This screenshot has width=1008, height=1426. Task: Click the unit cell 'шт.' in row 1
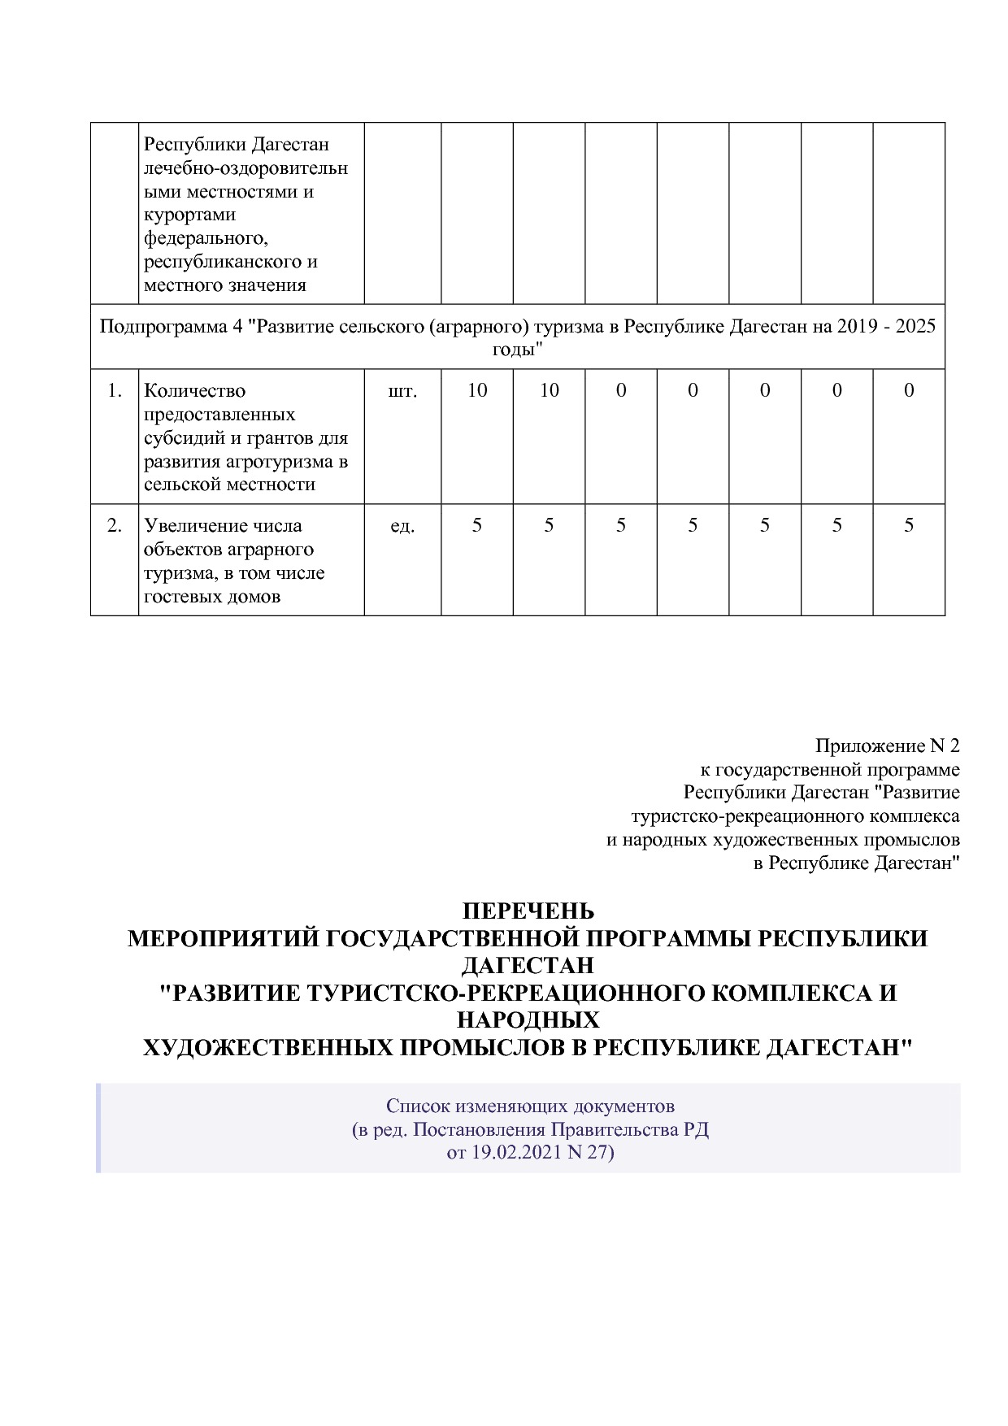pyautogui.click(x=402, y=391)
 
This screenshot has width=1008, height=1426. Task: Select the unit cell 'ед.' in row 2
pyautogui.click(x=402, y=526)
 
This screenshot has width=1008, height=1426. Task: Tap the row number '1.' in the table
pyautogui.click(x=115, y=391)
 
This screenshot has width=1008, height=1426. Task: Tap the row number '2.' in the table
pyautogui.click(x=115, y=526)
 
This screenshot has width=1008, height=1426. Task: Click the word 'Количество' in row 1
pyautogui.click(x=194, y=391)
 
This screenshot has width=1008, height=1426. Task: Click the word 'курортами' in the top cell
pyautogui.click(x=189, y=215)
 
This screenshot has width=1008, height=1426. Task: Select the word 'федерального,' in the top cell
pyautogui.click(x=206, y=239)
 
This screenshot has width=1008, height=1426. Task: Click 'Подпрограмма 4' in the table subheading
pyautogui.click(x=171, y=327)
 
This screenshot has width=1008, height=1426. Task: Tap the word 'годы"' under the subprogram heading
pyautogui.click(x=517, y=350)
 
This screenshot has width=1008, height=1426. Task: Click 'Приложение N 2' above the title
pyautogui.click(x=887, y=746)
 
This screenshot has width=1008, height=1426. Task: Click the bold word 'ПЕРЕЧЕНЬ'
pyautogui.click(x=528, y=911)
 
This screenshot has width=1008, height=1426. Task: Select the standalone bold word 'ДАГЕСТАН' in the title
pyautogui.click(x=528, y=966)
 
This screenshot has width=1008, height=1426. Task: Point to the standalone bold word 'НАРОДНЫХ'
pyautogui.click(x=528, y=1020)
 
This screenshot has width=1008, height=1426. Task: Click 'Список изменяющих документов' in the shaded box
pyautogui.click(x=530, y=1106)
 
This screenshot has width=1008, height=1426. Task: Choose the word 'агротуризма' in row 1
pyautogui.click(x=276, y=462)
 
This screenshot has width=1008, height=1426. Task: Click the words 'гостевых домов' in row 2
pyautogui.click(x=212, y=597)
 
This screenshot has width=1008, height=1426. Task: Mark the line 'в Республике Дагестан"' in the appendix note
pyautogui.click(x=856, y=863)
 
